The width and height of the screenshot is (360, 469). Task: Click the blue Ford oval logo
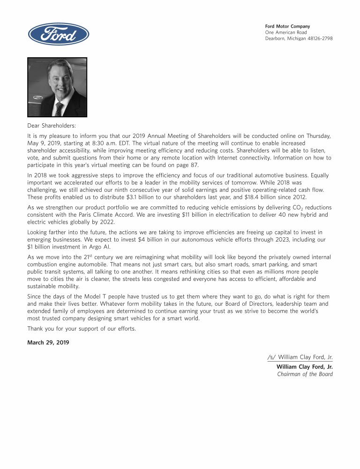[59, 34]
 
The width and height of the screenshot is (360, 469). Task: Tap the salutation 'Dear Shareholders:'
[52, 126]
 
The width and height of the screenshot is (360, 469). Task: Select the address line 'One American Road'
[286, 32]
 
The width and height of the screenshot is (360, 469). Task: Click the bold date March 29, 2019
[48, 342]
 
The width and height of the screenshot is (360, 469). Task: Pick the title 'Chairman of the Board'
[305, 374]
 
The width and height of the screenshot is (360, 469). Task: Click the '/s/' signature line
[300, 357]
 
